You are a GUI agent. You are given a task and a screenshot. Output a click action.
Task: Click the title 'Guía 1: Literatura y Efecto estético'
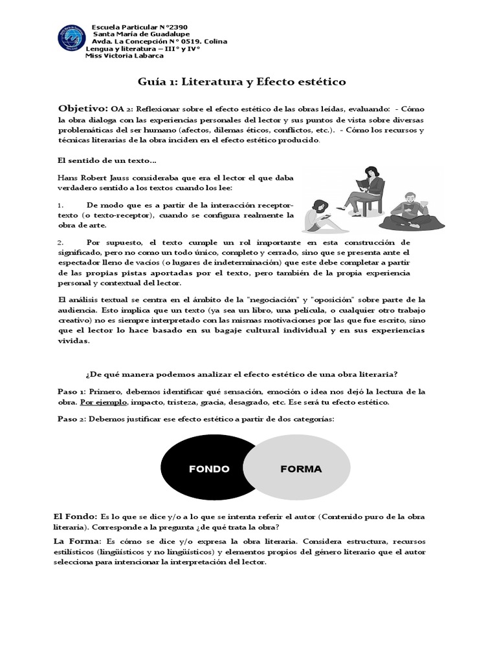(242, 82)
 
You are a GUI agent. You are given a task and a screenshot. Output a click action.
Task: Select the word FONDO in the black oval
(209, 469)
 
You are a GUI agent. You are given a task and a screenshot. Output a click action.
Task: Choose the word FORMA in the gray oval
(301, 469)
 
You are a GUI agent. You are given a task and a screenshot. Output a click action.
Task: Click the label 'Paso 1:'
(72, 392)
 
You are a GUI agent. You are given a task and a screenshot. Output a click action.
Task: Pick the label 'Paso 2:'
(72, 420)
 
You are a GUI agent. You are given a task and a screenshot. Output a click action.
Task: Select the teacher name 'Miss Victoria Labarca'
(124, 56)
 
